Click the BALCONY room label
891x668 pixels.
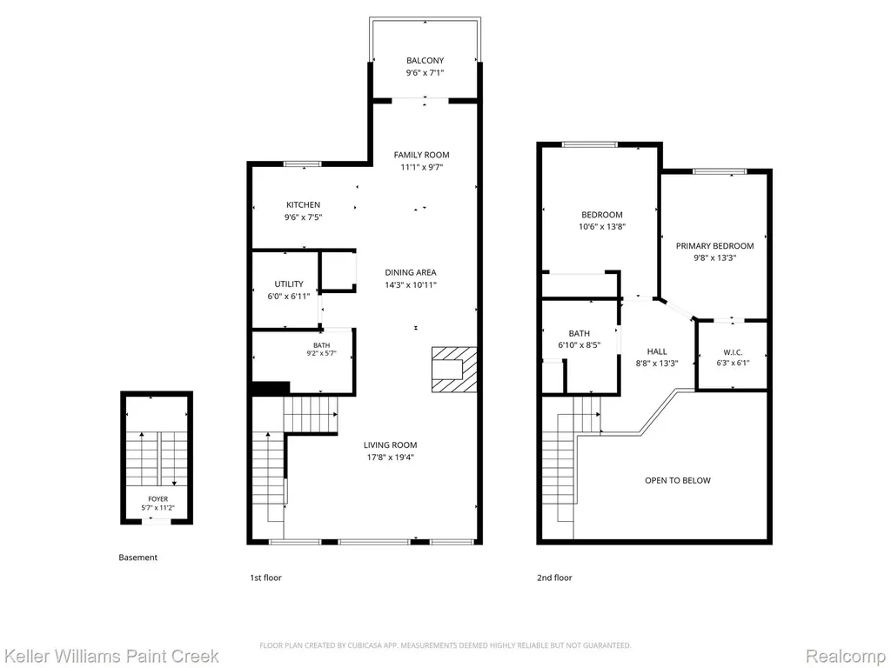(425, 60)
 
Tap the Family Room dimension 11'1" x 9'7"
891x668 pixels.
(422, 167)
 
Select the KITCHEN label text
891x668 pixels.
(303, 204)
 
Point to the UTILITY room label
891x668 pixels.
(289, 284)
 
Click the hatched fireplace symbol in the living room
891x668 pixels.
(454, 369)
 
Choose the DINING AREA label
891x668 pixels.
(411, 272)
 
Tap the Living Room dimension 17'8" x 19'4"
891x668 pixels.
(391, 458)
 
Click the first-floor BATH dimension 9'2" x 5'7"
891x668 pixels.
(321, 353)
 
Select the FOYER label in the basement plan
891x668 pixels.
(158, 498)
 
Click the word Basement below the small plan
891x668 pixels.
(138, 558)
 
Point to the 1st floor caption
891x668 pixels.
(266, 578)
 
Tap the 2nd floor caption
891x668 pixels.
(554, 578)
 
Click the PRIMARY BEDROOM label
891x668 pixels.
(715, 245)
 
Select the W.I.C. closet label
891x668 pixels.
(733, 352)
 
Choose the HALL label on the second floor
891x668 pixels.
(657, 351)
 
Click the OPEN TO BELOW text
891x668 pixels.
(677, 480)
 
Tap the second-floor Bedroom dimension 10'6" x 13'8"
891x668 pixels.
(602, 227)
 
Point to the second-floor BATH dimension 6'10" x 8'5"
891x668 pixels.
(579, 344)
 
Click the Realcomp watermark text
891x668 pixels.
(845, 656)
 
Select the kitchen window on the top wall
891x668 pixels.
(302, 164)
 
